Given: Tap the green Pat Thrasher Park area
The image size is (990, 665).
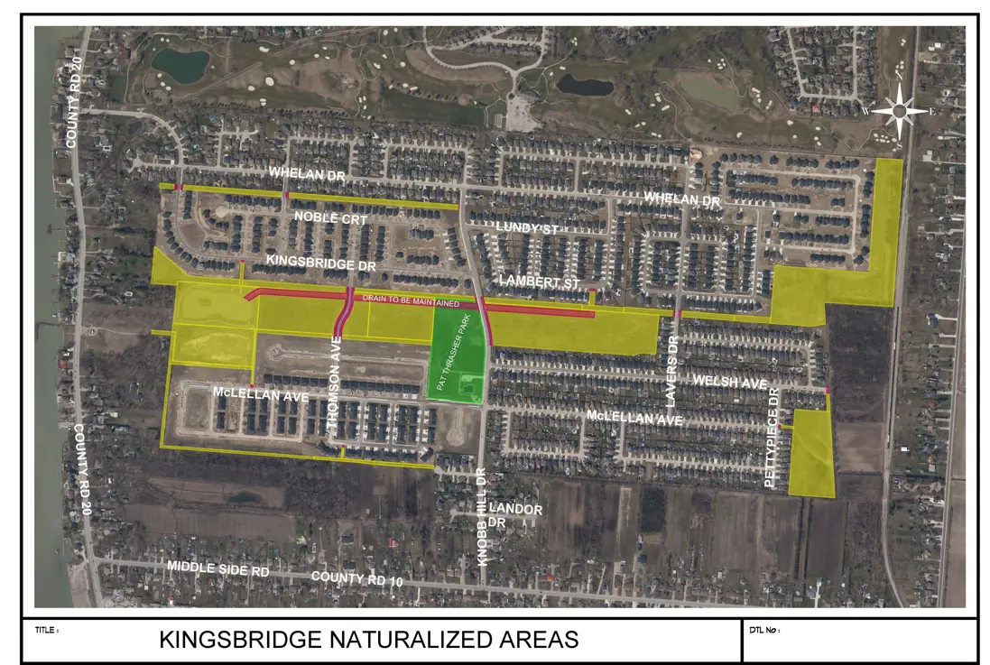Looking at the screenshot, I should (x=459, y=353).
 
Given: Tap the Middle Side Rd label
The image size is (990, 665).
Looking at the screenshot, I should (x=218, y=569).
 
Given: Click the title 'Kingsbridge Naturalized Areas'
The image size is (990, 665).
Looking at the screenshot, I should (x=368, y=640).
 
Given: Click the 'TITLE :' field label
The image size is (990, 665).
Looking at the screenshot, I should (x=47, y=630).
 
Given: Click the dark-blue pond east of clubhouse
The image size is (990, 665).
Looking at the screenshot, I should (x=585, y=85).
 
